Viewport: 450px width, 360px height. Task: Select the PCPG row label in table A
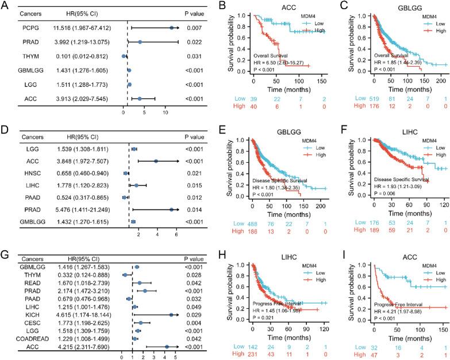(x=30, y=27)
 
